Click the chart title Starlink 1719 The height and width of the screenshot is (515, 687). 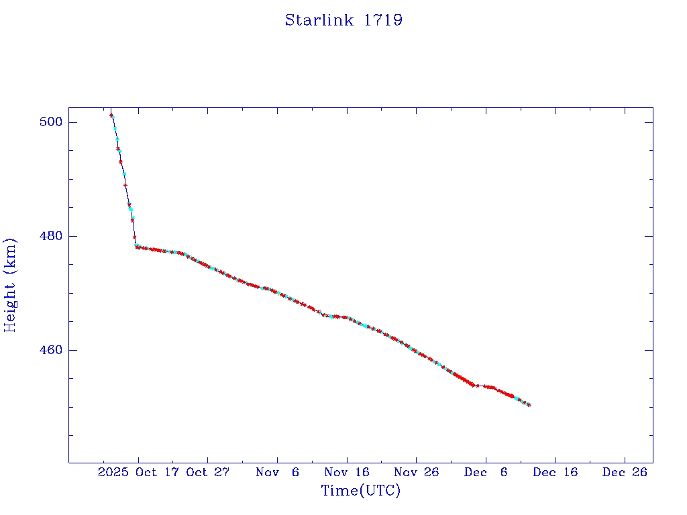click(343, 20)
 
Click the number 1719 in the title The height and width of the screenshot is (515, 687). click(383, 20)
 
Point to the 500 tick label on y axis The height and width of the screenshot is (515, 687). click(51, 122)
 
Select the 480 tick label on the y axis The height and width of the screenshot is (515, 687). click(51, 236)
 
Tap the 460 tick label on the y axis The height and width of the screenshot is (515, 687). click(51, 350)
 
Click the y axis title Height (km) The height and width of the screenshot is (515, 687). click(10, 285)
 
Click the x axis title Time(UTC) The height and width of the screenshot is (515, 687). click(360, 491)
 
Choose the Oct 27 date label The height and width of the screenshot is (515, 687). click(208, 472)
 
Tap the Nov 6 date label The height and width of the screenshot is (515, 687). click(277, 472)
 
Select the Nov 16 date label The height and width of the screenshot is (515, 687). click(346, 472)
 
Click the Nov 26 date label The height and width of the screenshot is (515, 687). click(416, 472)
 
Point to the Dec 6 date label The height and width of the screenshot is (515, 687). click(485, 472)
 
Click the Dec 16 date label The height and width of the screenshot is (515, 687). click(555, 472)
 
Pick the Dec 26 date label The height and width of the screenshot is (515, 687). click(624, 472)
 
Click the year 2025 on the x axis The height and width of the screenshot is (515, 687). click(113, 472)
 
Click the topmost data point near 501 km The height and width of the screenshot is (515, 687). click(111, 115)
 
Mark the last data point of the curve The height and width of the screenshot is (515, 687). click(529, 405)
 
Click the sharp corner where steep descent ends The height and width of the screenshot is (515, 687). click(136, 246)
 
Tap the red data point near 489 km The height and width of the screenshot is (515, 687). click(125, 185)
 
